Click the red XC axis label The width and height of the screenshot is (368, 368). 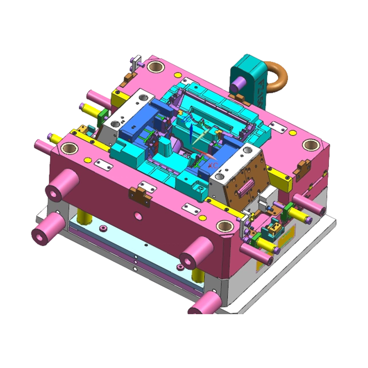(212, 164)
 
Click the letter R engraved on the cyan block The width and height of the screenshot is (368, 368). (199, 188)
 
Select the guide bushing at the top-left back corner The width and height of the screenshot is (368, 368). (155, 66)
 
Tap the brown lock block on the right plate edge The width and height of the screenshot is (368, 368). (303, 165)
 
